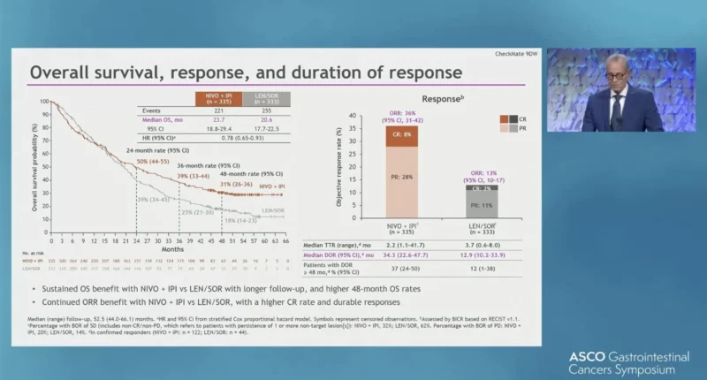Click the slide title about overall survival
245,72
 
